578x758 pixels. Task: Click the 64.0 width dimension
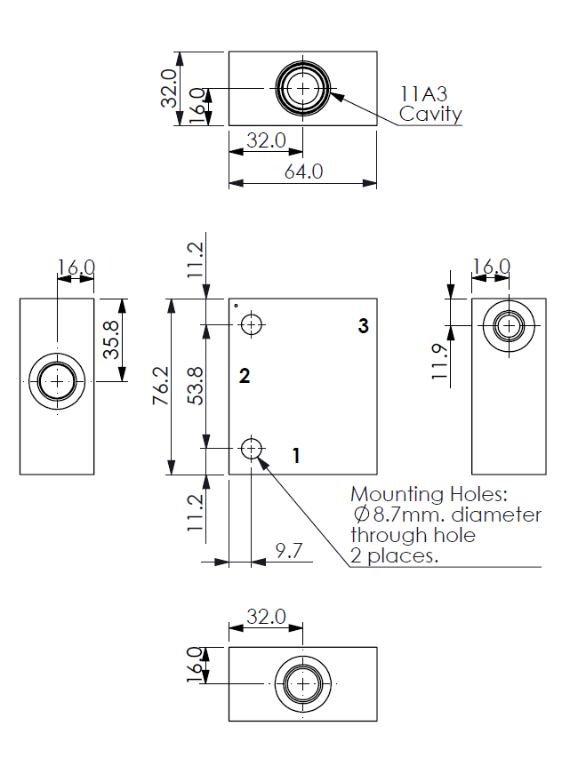tap(303, 172)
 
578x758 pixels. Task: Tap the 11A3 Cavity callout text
tap(429, 104)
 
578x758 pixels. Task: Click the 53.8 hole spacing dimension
tap(197, 387)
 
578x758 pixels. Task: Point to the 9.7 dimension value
tap(288, 551)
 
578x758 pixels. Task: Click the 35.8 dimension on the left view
tap(111, 339)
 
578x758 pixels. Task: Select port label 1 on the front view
tap(296, 456)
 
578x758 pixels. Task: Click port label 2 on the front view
tap(245, 376)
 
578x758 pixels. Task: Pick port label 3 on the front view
tap(363, 326)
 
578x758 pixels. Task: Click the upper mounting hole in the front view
tap(253, 325)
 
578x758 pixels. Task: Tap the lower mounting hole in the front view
tap(253, 448)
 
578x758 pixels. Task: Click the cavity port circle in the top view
tap(303, 89)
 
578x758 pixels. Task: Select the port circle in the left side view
tap(58, 381)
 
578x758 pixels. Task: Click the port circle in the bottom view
tap(303, 684)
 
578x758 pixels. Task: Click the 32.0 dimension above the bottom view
tap(266, 616)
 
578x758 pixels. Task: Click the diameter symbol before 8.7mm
tap(361, 515)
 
